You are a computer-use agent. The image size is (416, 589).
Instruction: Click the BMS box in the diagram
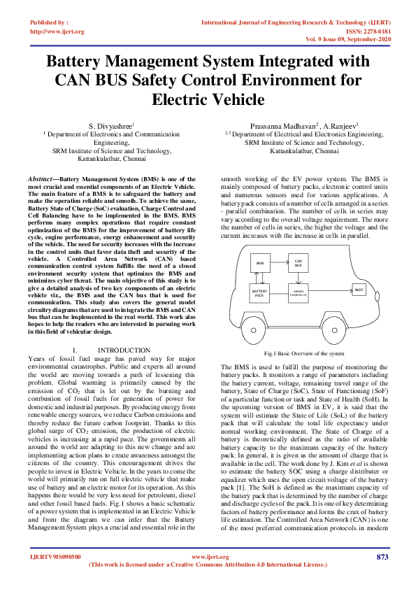click(261, 263)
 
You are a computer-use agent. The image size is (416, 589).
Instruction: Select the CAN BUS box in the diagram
click(299, 263)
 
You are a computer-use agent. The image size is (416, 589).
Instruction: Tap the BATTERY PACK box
click(259, 293)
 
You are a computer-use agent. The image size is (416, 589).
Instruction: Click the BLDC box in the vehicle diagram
click(359, 289)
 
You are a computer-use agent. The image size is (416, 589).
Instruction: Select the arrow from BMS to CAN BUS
click(280, 263)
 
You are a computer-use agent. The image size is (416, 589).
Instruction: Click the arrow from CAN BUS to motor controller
click(299, 278)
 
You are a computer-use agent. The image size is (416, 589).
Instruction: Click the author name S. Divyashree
click(112, 125)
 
